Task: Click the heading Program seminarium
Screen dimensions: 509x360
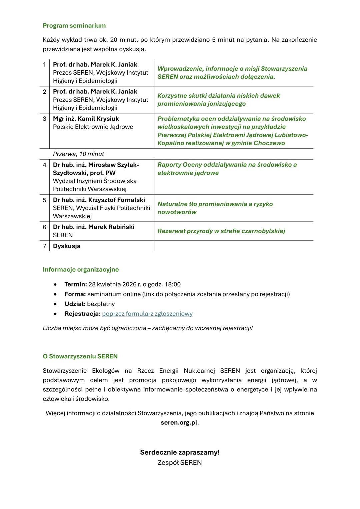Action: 74,26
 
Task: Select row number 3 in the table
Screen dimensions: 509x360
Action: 44,119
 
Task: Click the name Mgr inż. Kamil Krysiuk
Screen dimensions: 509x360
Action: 86,119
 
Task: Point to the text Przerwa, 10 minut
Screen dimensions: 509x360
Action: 78,154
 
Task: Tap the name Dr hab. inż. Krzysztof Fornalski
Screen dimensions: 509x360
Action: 99,200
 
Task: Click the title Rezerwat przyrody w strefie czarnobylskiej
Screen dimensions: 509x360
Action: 221,231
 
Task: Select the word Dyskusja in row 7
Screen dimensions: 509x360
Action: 67,246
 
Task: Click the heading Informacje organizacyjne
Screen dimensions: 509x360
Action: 81,269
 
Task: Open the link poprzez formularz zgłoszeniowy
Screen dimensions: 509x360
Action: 147,314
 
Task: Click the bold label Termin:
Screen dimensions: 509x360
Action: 76,284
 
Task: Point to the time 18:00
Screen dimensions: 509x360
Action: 173,284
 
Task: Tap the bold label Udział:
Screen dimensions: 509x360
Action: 75,304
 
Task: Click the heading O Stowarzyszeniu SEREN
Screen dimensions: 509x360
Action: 80,356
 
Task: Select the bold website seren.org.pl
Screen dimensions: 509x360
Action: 179,423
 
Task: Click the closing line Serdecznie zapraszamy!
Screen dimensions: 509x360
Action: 180,452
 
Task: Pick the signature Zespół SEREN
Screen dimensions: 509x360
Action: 180,463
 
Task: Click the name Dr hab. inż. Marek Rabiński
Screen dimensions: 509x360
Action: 93,227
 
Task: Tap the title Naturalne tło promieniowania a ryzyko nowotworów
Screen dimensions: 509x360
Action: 215,208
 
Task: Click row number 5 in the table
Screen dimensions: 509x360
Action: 44,200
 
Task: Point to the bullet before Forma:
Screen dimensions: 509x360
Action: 55,294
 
